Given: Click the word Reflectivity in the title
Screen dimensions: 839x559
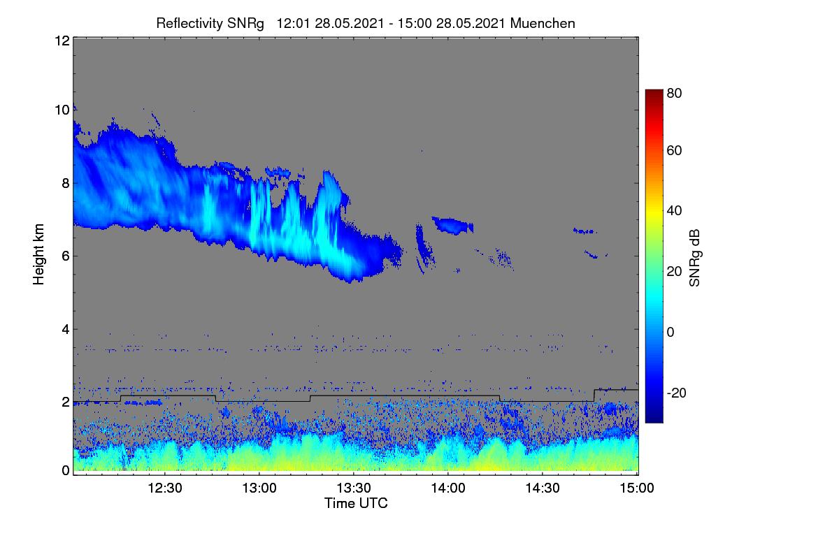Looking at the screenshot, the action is [x=189, y=24].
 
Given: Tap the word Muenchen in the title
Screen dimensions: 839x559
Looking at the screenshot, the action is [x=543, y=23].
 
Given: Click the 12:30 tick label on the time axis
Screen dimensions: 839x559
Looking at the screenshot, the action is [x=165, y=488].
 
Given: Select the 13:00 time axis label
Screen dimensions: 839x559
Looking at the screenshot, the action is [x=259, y=488].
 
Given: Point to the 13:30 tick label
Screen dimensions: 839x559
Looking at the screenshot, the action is [x=354, y=488].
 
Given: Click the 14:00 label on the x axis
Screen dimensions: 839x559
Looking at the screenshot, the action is [x=448, y=488].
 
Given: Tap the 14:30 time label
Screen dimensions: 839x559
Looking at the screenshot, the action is [x=543, y=488].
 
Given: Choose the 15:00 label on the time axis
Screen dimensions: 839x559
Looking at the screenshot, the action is [x=637, y=488].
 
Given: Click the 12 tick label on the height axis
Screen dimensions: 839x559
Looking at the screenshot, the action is [x=62, y=41].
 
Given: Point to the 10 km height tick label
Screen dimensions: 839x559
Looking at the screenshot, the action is [x=62, y=110].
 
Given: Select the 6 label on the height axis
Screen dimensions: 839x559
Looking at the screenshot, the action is [x=66, y=256].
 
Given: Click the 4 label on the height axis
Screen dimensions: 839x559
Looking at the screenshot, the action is [x=66, y=330].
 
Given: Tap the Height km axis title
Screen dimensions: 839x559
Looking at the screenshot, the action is [x=38, y=254].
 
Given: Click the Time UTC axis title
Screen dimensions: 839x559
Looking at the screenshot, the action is [x=356, y=503].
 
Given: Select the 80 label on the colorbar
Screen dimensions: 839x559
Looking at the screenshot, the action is [x=674, y=93].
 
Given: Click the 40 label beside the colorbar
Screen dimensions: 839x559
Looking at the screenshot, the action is [x=674, y=211].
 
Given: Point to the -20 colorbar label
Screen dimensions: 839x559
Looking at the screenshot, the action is [x=677, y=393].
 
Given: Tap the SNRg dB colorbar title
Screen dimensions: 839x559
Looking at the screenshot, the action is [x=694, y=259].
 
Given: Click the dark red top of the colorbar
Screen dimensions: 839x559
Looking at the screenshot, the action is [x=654, y=92].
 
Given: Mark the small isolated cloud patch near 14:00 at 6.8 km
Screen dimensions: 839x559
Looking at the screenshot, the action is [x=453, y=226].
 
